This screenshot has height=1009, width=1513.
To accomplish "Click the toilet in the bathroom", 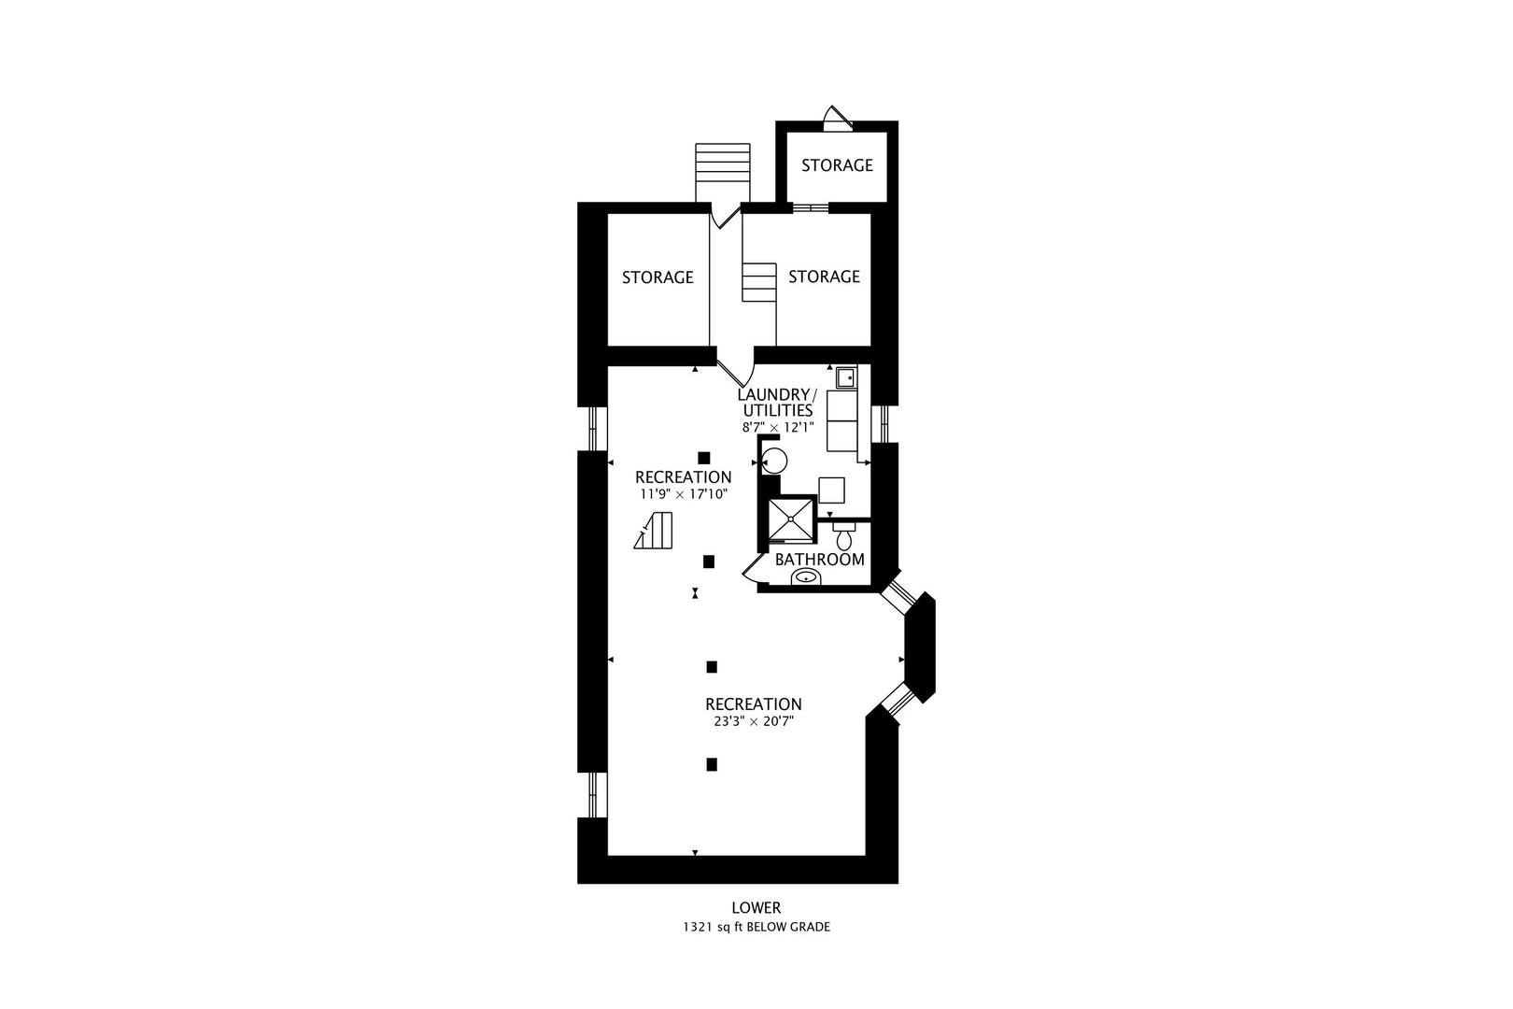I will (844, 536).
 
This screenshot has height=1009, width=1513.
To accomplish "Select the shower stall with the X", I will (790, 519).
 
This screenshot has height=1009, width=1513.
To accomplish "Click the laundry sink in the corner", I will (845, 377).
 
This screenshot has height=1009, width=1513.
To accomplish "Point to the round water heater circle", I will (774, 460).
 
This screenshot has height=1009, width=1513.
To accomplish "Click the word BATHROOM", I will (819, 560).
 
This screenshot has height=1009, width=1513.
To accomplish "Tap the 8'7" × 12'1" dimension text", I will (778, 427).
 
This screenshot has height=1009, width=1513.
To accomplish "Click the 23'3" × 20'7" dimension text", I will (753, 721).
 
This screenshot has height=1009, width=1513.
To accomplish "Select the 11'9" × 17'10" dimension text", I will (683, 493).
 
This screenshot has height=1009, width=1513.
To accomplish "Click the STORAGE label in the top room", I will (837, 165).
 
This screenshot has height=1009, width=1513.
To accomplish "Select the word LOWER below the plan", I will (756, 907).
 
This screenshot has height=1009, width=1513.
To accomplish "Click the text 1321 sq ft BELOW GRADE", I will (756, 928).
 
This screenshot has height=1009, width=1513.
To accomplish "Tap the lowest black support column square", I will (712, 764).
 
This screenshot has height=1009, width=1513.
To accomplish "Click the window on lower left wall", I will (593, 795).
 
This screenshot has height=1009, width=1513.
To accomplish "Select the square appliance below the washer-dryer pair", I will (831, 490).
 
